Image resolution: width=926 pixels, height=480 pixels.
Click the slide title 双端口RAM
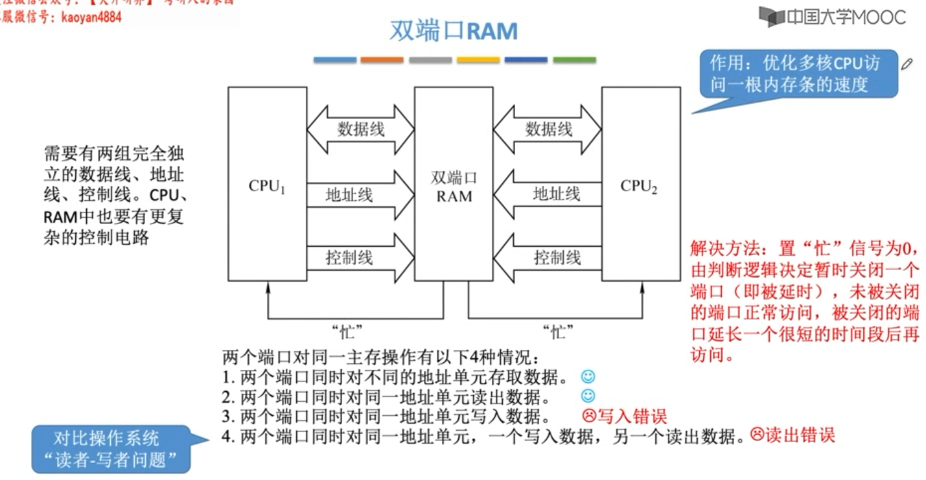pyautogui.click(x=454, y=30)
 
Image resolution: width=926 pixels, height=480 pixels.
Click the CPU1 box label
pyautogui.click(x=267, y=187)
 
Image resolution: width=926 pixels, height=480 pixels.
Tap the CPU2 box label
pyautogui.click(x=639, y=187)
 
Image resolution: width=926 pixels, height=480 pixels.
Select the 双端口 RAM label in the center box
pyautogui.click(x=454, y=187)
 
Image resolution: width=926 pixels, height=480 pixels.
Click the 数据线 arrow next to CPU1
pyautogui.click(x=360, y=129)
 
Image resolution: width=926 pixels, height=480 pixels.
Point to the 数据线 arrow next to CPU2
pyautogui.click(x=548, y=129)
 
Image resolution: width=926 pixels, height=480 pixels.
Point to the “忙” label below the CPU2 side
pyautogui.click(x=558, y=332)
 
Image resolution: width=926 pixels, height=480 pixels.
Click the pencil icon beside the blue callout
pyautogui.click(x=907, y=63)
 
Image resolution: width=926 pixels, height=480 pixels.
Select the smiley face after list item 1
pyautogui.click(x=588, y=376)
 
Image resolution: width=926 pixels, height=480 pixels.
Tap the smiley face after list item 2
pyautogui.click(x=588, y=396)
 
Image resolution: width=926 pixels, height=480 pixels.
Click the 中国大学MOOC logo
pyautogui.click(x=833, y=17)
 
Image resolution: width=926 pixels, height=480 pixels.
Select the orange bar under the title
pyautogui.click(x=382, y=60)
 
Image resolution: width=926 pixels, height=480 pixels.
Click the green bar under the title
pyautogui.click(x=574, y=60)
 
